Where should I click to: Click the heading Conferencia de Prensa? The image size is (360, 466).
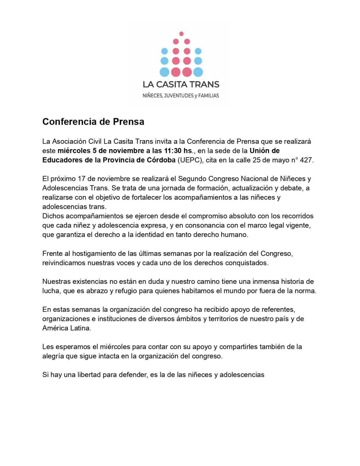93,122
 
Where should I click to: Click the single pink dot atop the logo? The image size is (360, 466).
181,33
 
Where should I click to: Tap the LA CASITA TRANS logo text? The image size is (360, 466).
181,84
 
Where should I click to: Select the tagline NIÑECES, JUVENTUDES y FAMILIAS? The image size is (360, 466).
181,96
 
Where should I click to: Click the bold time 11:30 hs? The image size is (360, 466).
179,151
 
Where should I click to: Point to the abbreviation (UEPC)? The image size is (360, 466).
190,160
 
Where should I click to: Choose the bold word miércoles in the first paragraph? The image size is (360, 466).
74,151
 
